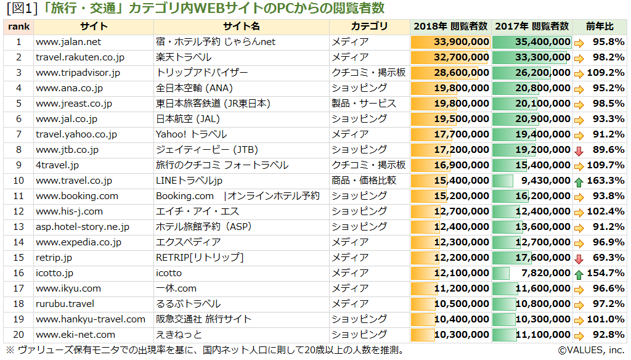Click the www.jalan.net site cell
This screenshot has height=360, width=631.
pos(68,42)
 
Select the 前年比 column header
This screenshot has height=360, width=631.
pos(600,27)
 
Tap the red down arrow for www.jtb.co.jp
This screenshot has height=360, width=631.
pos(579,150)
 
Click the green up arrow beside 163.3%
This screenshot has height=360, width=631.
pos(579,181)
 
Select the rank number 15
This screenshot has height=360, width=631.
pos(18,258)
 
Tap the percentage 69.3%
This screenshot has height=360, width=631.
pos(608,258)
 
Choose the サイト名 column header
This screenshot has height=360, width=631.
pos(242,27)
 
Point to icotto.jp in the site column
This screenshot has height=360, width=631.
pos(55,273)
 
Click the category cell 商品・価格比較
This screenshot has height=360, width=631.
pos(364,181)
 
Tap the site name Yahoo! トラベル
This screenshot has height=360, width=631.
pos(191,134)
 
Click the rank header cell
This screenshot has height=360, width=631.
pos(18,27)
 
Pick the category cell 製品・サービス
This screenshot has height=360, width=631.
pos(364,104)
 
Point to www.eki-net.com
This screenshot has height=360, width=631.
pos(75,335)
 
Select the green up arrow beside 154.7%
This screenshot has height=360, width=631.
pos(579,274)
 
